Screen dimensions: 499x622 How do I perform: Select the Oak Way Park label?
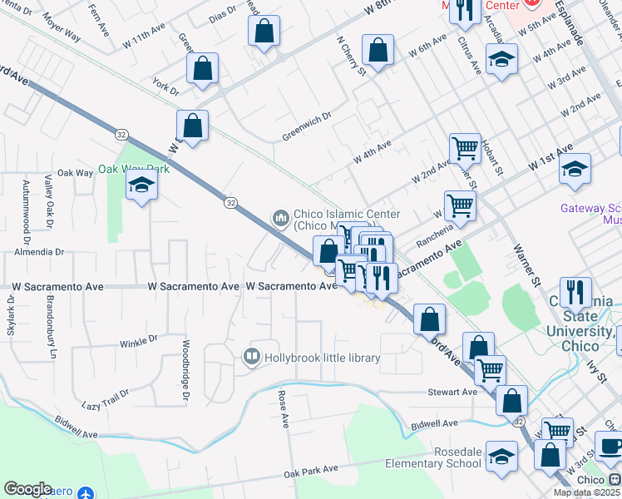coord(134,169)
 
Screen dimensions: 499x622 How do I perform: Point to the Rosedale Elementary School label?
coord(434,457)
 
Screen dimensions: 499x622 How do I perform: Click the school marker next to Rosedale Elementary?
coord(501,457)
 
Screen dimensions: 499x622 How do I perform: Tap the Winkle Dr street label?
coord(138,340)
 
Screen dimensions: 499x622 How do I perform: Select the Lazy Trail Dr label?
coord(106,398)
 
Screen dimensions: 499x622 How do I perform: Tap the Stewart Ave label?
coord(453,392)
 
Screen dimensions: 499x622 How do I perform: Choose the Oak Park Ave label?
coord(311,471)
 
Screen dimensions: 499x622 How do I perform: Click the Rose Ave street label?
coord(283,409)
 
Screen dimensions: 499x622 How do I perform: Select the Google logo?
coord(27,489)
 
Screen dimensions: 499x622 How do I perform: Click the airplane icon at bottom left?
coord(84,493)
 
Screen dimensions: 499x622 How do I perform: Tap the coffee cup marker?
coord(611,445)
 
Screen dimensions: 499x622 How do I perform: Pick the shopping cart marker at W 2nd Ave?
coord(465,148)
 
